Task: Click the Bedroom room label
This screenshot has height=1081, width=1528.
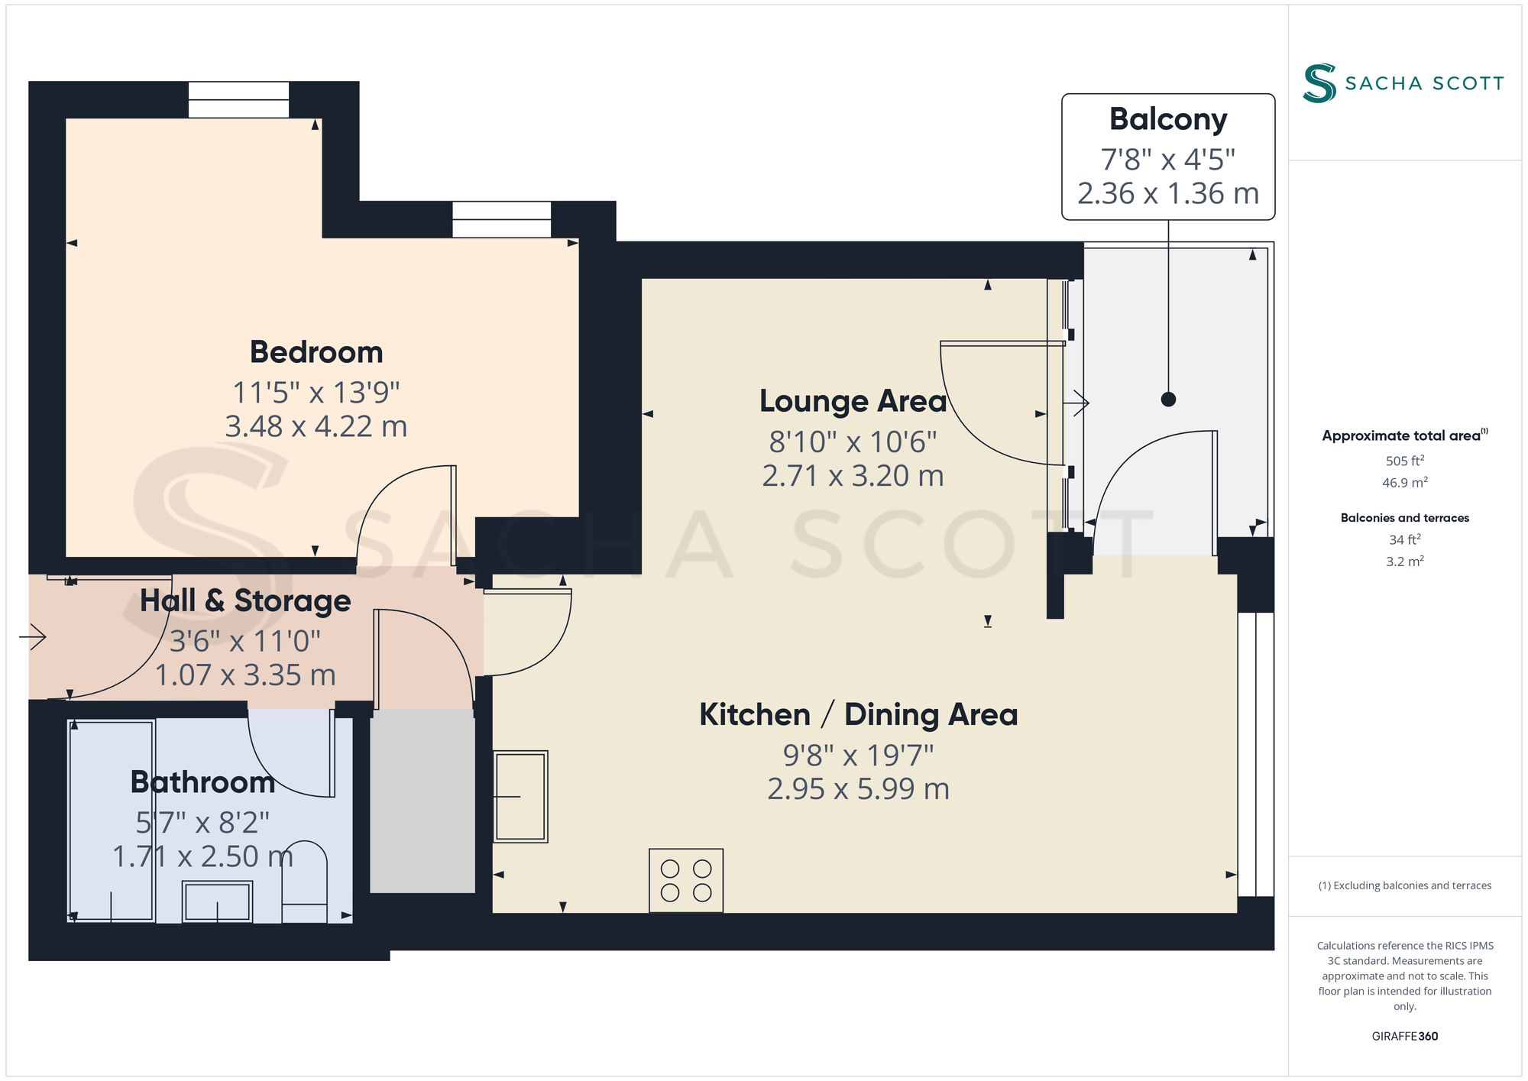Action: point(316,352)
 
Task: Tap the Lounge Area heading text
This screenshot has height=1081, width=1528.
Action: point(853,401)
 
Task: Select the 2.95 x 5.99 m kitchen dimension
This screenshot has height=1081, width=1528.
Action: point(858,788)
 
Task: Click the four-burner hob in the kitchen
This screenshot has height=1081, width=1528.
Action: point(685,880)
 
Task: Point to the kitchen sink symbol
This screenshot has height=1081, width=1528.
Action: point(520,796)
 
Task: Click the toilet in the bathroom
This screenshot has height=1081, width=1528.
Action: point(305,882)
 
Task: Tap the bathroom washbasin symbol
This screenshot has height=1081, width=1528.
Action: point(217,901)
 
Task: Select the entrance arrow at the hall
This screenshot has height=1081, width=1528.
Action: point(33,636)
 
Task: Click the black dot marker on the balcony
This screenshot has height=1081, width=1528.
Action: point(1168,399)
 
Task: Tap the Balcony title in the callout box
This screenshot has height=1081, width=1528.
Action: point(1168,119)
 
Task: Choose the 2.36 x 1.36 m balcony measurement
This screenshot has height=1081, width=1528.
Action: point(1168,193)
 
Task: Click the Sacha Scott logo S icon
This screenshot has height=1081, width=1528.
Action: point(1319,83)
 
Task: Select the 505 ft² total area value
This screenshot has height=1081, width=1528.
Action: point(1404,461)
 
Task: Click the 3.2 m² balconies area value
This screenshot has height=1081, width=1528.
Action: point(1404,561)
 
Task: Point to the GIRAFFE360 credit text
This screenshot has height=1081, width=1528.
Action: point(1404,1036)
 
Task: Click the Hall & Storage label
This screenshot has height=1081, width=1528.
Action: point(245,601)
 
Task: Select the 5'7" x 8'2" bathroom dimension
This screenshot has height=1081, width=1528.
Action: point(202,823)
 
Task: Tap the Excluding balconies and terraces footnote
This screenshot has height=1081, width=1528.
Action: point(1404,885)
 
